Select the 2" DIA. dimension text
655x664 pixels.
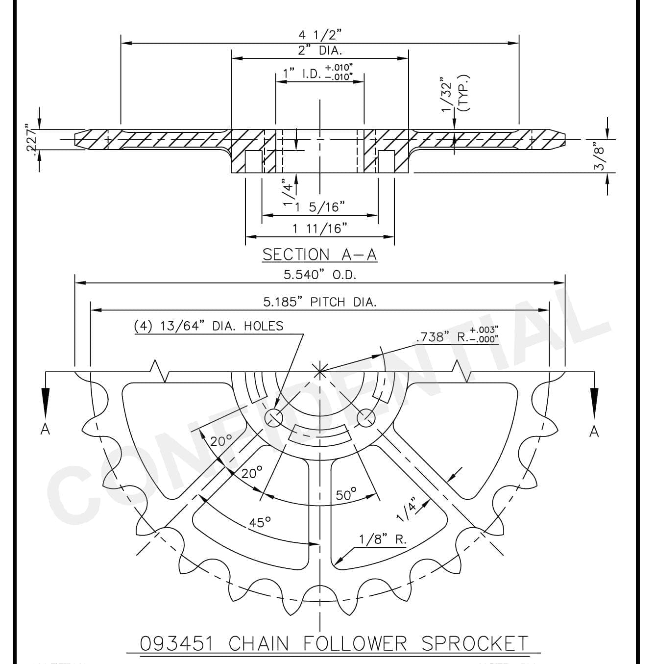click(320, 51)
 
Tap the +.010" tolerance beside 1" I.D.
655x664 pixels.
click(339, 67)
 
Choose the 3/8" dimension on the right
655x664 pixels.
click(600, 158)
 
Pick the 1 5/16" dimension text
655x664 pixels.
click(319, 207)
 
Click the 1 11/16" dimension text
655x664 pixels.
click(320, 229)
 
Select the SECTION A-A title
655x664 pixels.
click(319, 255)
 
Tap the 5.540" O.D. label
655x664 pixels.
click(320, 275)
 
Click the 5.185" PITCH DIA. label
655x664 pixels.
click(320, 302)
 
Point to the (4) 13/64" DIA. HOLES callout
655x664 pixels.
click(209, 326)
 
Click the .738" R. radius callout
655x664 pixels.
click(458, 335)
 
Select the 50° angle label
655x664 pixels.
click(346, 494)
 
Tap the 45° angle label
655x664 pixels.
click(260, 522)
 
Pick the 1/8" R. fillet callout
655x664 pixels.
click(383, 539)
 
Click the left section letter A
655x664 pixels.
click(45, 430)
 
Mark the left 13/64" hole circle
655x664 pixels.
click(274, 418)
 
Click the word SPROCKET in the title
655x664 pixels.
click(475, 643)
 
